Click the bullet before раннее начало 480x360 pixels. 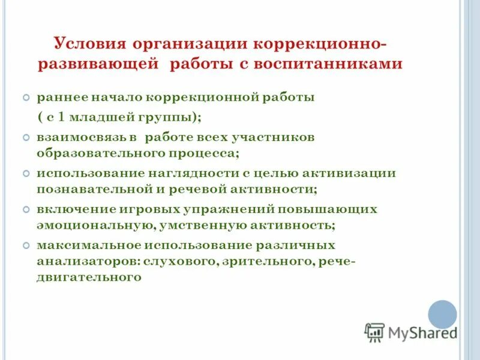coord(26,97)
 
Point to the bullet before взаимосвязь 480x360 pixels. coord(26,137)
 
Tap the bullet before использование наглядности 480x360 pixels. coord(26,173)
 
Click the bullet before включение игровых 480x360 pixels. coord(26,209)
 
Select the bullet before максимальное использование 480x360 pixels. coord(26,245)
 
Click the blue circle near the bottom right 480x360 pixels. coord(442,314)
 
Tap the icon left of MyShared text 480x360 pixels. coord(374,332)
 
